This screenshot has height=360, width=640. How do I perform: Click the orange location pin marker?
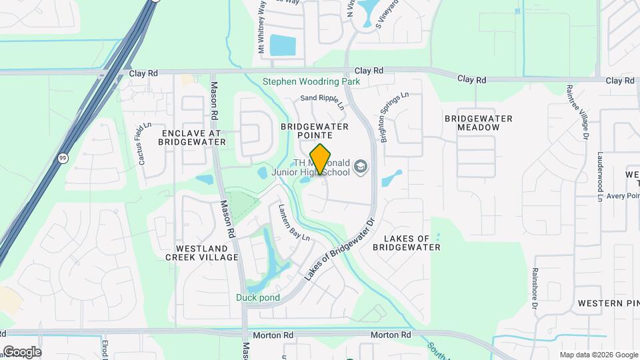(x=321, y=159)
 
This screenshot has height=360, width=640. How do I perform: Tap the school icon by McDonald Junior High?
(x=361, y=166)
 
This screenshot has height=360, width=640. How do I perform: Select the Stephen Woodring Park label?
(x=311, y=81)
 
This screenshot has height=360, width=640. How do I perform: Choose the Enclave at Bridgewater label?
(x=190, y=138)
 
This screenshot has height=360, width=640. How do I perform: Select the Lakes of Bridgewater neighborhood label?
(x=407, y=243)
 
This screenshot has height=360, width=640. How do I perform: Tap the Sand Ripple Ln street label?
(x=322, y=101)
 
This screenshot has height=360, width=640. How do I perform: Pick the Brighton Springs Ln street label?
(x=393, y=116)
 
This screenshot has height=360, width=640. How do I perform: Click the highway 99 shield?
(x=62, y=158)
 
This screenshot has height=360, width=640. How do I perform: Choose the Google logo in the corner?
(x=21, y=351)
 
